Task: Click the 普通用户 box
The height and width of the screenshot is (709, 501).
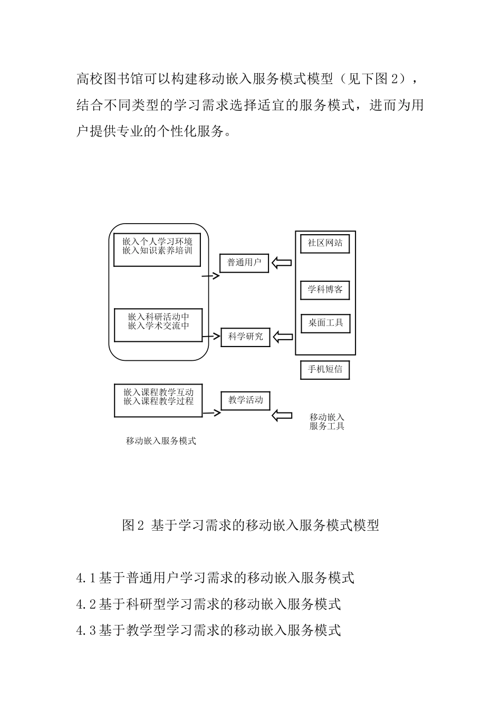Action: (x=244, y=263)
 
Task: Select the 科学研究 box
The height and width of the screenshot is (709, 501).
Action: (x=245, y=337)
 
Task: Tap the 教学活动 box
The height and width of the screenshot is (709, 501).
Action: (x=245, y=400)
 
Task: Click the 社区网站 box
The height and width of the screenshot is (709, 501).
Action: (x=325, y=243)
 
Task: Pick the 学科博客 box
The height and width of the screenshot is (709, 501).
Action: (x=325, y=290)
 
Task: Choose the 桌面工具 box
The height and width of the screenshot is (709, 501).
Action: (x=325, y=323)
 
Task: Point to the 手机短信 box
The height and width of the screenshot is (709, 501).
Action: (x=325, y=369)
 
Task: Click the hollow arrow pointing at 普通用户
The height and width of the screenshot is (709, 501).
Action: (x=282, y=263)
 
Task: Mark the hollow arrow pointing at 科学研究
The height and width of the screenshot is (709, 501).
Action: (x=283, y=337)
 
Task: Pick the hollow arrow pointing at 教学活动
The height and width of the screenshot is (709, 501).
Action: (x=282, y=416)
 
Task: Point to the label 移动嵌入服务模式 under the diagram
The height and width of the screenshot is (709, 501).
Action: (x=161, y=441)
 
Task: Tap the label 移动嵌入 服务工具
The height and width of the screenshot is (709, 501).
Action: (x=327, y=421)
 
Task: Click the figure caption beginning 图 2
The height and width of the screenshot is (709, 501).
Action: (x=250, y=525)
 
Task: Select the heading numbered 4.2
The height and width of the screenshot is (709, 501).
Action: (x=209, y=604)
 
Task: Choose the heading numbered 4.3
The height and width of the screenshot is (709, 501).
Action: (x=209, y=630)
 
